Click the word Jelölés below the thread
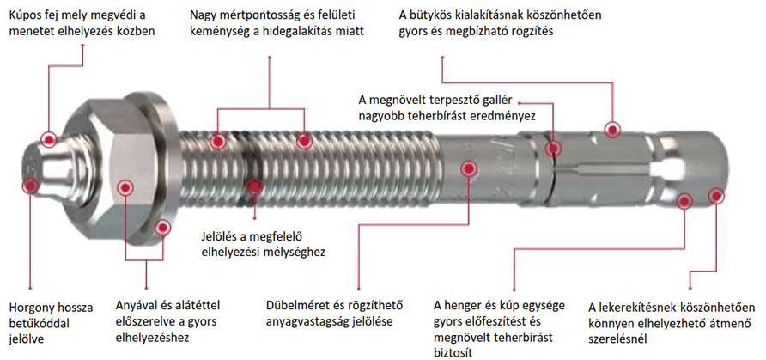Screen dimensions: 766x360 (219, 237)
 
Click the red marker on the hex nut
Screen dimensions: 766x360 (125, 187)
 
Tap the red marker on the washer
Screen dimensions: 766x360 (162, 227)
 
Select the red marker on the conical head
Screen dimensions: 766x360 (49, 140)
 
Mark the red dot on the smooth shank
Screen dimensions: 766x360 (469, 168)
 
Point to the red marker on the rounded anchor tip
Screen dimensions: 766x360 (716, 196)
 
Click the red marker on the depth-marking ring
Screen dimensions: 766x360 (253, 186)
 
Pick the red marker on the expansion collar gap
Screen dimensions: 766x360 (554, 148)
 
